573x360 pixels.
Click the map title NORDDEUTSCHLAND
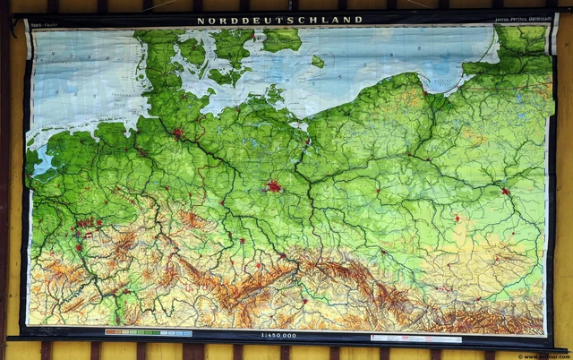(x=286, y=20)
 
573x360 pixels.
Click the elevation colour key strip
(x=148, y=333)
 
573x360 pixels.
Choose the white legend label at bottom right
(x=415, y=339)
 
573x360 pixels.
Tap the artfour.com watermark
(x=547, y=355)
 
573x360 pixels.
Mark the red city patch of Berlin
(x=273, y=187)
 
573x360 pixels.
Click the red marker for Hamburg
(x=177, y=133)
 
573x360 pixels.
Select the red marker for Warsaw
(x=506, y=191)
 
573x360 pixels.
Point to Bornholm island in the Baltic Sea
(x=318, y=62)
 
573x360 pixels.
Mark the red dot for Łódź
(x=457, y=219)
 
